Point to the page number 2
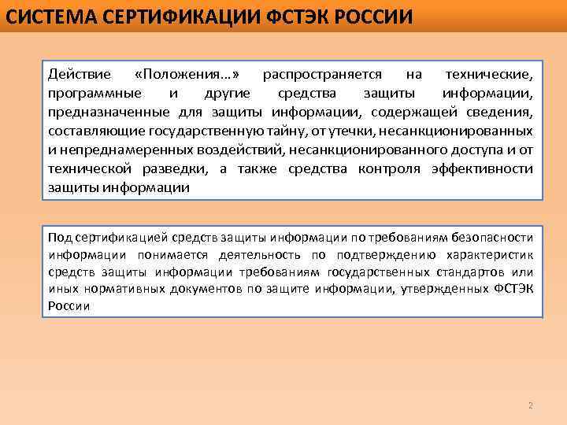[530, 406]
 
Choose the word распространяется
[323, 75]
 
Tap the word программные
[87, 94]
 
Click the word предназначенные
[98, 113]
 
